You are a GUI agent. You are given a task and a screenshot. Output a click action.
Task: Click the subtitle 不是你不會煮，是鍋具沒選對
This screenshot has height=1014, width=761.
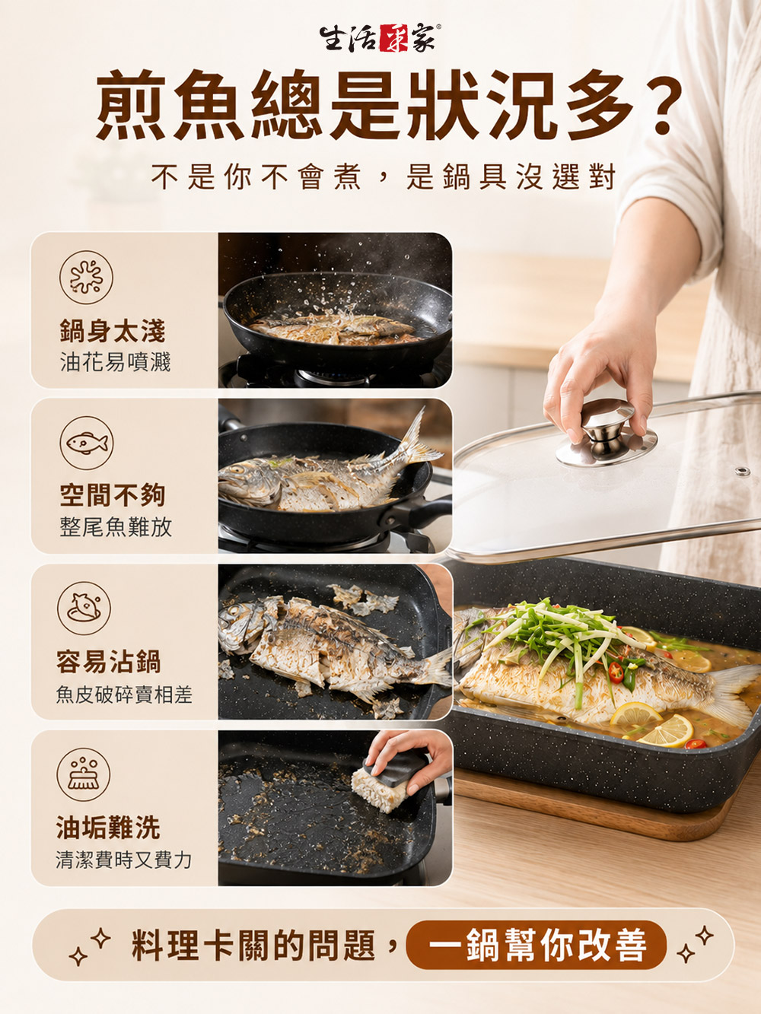(384, 176)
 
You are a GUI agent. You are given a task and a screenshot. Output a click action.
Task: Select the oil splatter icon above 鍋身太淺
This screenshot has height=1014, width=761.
(87, 277)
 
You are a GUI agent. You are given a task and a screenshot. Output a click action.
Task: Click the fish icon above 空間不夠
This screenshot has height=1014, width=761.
(87, 443)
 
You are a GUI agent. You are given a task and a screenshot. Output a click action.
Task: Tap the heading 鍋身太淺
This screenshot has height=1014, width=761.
(113, 331)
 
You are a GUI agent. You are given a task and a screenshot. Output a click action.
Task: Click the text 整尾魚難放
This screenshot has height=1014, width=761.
(116, 526)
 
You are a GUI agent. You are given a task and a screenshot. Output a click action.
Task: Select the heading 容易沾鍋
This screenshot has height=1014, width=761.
(109, 662)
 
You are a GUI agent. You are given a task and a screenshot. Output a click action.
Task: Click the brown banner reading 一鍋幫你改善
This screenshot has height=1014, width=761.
(536, 946)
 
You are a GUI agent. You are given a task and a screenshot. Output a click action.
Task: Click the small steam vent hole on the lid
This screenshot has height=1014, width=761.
(743, 472)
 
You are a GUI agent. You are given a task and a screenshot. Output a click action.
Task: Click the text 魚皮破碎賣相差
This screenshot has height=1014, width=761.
(123, 695)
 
